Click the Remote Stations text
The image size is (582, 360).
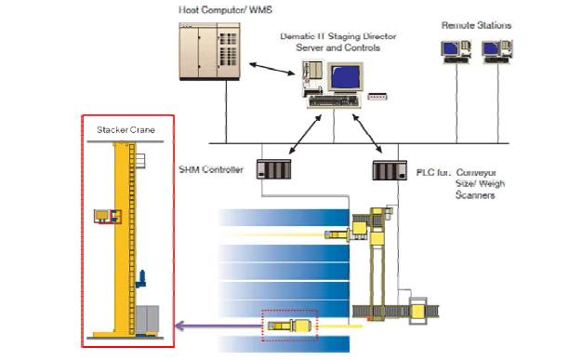pos(475,25)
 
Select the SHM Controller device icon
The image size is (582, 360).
pos(275,169)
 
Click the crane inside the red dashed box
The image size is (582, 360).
pos(289,326)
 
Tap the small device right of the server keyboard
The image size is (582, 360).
pos(377,96)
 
